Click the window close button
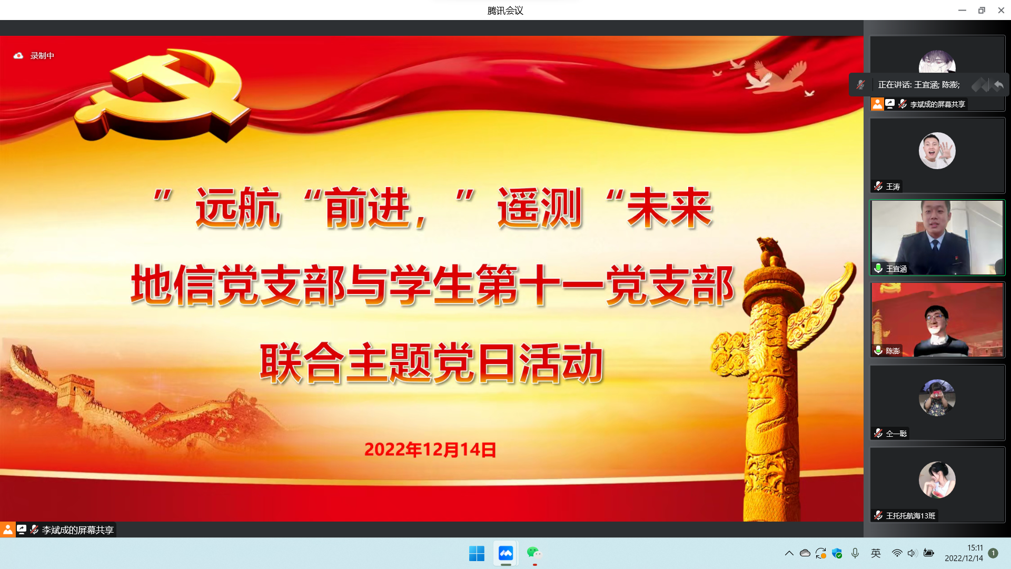(x=1001, y=10)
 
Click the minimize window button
(x=962, y=10)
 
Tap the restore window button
(x=982, y=10)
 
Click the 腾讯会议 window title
(x=505, y=11)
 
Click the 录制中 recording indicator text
(x=42, y=55)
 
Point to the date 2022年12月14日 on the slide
(x=430, y=449)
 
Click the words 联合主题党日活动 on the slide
(x=432, y=363)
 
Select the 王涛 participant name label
(x=893, y=187)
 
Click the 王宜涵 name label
(x=896, y=269)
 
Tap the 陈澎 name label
(x=893, y=351)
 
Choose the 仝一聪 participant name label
(x=896, y=434)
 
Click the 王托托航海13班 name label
(x=910, y=516)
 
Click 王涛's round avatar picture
(x=937, y=151)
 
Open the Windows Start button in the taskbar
(x=477, y=553)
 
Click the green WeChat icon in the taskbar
(x=534, y=553)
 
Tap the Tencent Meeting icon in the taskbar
(x=506, y=553)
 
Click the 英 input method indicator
(x=876, y=553)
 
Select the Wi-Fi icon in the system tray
(x=897, y=553)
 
